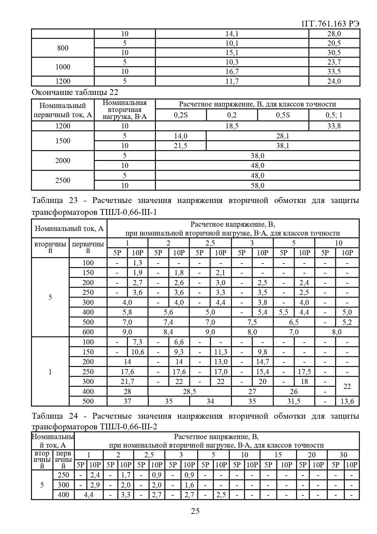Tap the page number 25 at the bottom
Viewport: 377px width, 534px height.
click(x=195, y=511)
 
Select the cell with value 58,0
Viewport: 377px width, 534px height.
click(x=258, y=185)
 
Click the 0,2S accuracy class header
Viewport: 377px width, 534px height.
click(x=181, y=115)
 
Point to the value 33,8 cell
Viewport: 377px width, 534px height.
click(x=334, y=126)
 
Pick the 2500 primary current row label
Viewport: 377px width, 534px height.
click(x=63, y=180)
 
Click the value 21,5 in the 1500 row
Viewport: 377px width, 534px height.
click(x=180, y=146)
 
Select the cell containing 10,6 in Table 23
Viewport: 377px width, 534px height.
click(x=137, y=352)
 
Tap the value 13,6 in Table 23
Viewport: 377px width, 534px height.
click(x=347, y=401)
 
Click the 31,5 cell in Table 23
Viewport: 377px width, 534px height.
click(x=294, y=401)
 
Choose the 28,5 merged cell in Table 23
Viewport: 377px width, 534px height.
click(x=189, y=392)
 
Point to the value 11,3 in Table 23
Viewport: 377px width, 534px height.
click(x=220, y=352)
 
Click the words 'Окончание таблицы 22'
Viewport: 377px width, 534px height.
click(x=75, y=92)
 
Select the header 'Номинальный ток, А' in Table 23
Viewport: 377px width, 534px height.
click(x=69, y=229)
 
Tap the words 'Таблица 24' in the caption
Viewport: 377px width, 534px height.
click(x=47, y=416)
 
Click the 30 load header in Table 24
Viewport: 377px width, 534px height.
click(x=343, y=455)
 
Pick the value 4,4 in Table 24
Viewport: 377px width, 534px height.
click(x=88, y=495)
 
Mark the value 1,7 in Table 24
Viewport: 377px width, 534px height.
click(x=126, y=475)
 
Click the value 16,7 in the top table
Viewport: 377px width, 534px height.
click(x=232, y=72)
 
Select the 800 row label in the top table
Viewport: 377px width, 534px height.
click(x=63, y=48)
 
